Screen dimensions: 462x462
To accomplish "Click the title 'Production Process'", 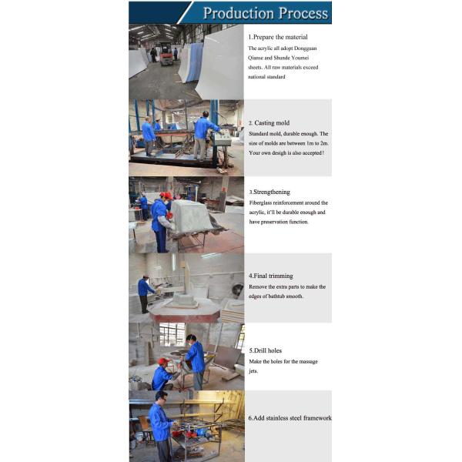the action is pos(266,13).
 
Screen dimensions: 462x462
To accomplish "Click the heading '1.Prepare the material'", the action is pos(278,37).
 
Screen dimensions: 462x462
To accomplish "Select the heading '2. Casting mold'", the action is pos(269,123).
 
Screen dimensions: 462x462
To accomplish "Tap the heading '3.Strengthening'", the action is pos(269,192).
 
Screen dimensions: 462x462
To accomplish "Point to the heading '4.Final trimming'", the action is pos(271,276).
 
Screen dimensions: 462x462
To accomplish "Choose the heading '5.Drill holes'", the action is pos(265,350).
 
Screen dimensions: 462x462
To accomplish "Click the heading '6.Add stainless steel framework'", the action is pos(290,418).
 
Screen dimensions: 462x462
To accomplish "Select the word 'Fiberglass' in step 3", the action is pos(260,203).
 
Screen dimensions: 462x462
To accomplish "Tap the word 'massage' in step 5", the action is pos(309,362).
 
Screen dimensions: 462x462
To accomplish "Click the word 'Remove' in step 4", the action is pos(258,286).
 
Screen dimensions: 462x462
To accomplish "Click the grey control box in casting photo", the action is pos(223,137).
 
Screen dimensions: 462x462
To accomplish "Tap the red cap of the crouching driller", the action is pos(163,361).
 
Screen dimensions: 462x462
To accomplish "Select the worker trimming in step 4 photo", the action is pos(145,293).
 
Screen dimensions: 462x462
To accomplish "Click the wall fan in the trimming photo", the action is pos(237,290).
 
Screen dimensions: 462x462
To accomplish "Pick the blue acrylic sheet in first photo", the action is pos(195,62).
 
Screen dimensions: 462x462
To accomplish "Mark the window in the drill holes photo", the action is pos(172,334).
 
